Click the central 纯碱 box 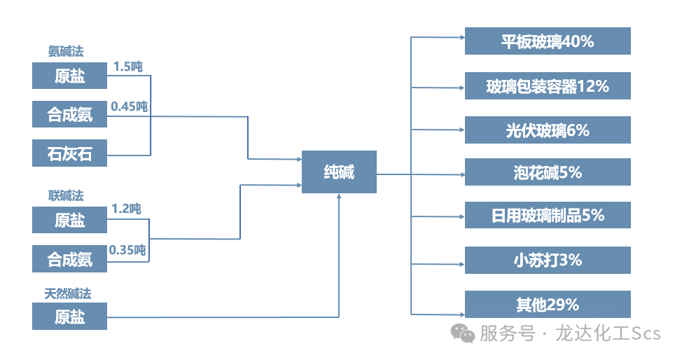pyautogui.click(x=339, y=172)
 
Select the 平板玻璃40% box pyautogui.click(x=548, y=41)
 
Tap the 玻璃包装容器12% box pyautogui.click(x=548, y=85)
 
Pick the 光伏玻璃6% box pyautogui.click(x=548, y=130)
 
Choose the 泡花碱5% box pyautogui.click(x=548, y=172)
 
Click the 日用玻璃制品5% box pyautogui.click(x=548, y=215)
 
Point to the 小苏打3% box pyautogui.click(x=548, y=260)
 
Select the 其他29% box pyautogui.click(x=548, y=305)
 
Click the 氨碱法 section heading pyautogui.click(x=66, y=51)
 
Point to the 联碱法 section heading pyautogui.click(x=66, y=195)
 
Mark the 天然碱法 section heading pyautogui.click(x=68, y=293)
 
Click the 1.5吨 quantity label pyautogui.click(x=127, y=67)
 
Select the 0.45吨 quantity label pyautogui.click(x=130, y=106)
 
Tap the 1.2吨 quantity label pyautogui.click(x=126, y=209)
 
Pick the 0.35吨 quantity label pyautogui.click(x=127, y=249)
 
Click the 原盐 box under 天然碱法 pyautogui.click(x=70, y=317)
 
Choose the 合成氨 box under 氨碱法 pyautogui.click(x=70, y=114)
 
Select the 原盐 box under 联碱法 pyautogui.click(x=70, y=220)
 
